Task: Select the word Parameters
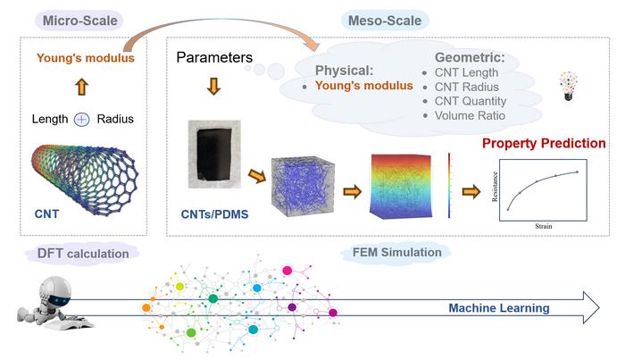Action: click(214, 59)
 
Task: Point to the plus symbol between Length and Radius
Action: click(81, 119)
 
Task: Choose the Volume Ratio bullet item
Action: click(469, 115)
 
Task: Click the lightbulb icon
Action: click(566, 86)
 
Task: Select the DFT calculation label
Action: click(84, 254)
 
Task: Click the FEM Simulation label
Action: click(391, 253)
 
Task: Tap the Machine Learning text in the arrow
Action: click(498, 309)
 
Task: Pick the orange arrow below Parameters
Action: click(213, 88)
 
